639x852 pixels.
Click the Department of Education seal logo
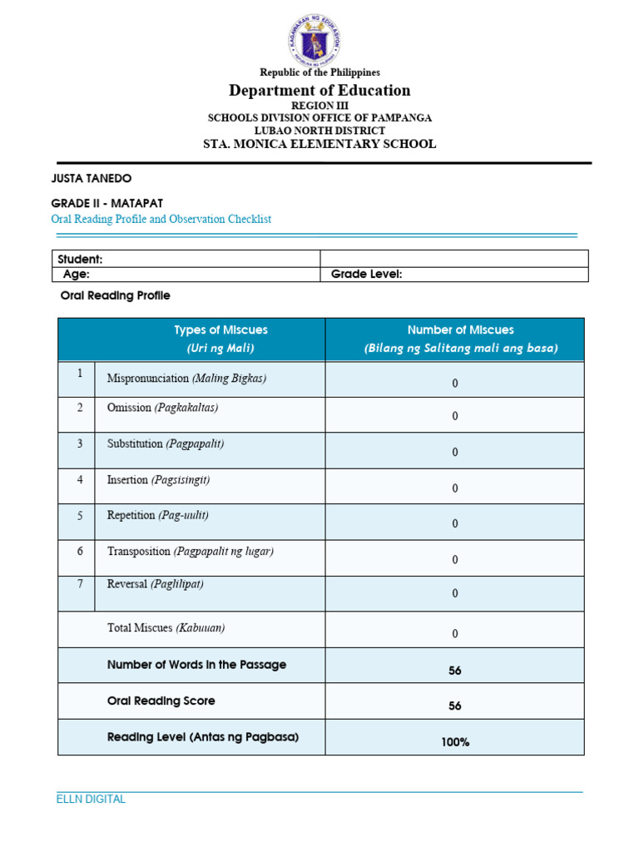pos(313,39)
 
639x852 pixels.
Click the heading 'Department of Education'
pos(319,91)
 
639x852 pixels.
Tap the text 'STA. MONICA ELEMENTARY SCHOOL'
pos(319,144)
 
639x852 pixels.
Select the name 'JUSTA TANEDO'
pos(92,179)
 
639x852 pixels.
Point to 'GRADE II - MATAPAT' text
pos(106,203)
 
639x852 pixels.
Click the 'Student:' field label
pos(80,259)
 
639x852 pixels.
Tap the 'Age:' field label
pos(77,274)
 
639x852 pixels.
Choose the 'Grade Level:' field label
pos(366,274)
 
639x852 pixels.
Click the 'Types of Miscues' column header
pos(220,330)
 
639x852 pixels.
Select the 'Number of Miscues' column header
pos(460,330)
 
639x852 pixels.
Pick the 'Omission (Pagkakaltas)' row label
pos(162,409)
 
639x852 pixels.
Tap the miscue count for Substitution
pos(455,452)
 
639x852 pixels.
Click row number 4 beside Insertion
pos(80,480)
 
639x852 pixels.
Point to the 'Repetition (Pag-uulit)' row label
pos(157,516)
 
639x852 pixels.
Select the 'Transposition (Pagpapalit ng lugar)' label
pos(190,552)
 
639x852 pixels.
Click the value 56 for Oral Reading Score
pos(455,706)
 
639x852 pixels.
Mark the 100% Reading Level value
pos(455,741)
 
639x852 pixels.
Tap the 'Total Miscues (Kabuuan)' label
pos(166,628)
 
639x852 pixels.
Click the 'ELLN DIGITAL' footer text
pos(91,800)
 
